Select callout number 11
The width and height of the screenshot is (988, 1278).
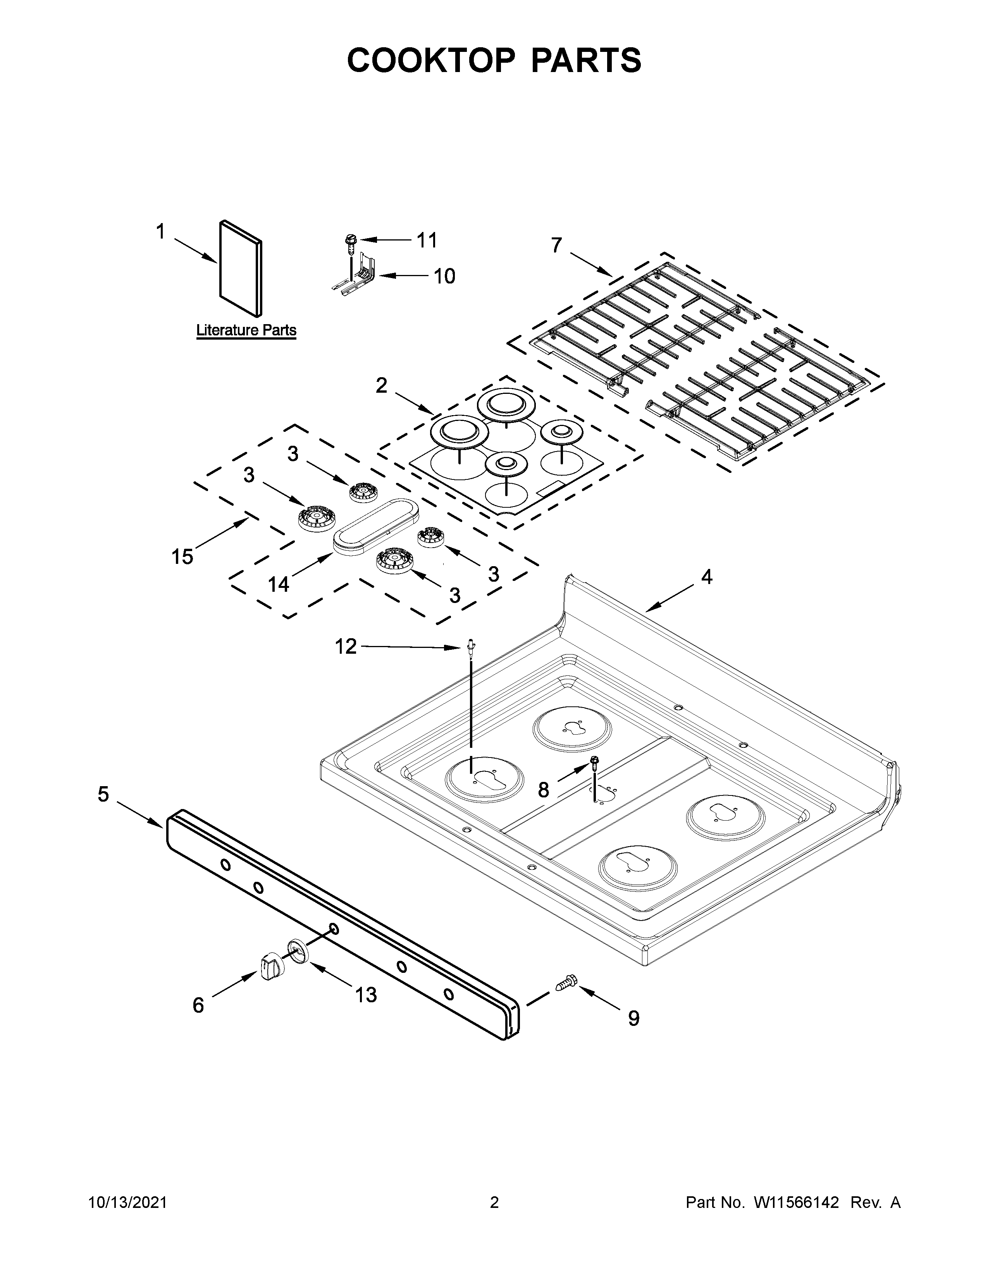coord(427,240)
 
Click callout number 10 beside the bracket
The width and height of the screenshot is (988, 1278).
coord(444,276)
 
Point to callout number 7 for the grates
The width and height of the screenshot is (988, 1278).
coord(556,245)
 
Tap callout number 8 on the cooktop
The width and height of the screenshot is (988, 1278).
coord(543,790)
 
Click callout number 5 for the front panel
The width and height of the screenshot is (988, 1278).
coord(103,794)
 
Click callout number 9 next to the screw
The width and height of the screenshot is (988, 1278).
coord(633,1019)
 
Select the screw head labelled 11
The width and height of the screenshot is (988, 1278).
coord(350,239)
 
